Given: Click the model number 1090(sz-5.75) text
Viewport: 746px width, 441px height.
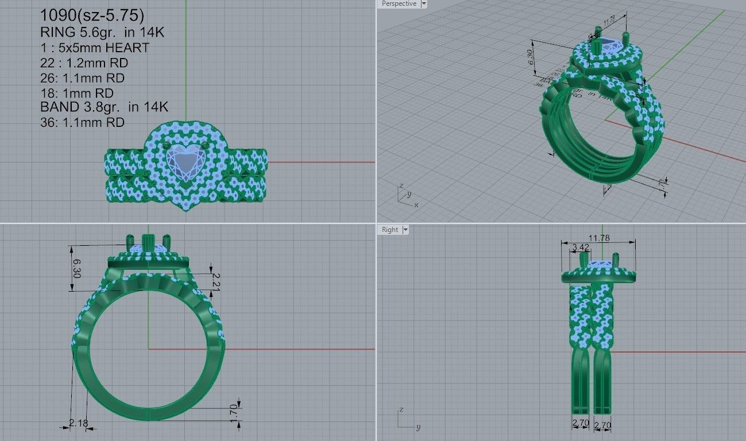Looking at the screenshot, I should [x=91, y=16].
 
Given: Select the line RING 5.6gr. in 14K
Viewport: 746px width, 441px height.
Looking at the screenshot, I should [x=102, y=32].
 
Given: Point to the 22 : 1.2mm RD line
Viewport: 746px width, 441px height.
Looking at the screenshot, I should [x=82, y=63].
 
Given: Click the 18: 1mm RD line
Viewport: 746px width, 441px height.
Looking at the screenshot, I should [x=77, y=93].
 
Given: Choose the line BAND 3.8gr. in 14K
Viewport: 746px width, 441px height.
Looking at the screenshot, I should [x=104, y=107].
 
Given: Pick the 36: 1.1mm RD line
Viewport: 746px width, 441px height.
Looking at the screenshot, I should [x=82, y=122].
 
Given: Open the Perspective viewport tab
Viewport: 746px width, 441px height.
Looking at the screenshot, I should [x=399, y=4].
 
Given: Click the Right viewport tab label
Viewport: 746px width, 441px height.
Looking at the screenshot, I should [x=390, y=230].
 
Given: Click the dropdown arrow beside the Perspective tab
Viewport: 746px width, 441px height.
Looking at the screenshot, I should [x=424, y=4].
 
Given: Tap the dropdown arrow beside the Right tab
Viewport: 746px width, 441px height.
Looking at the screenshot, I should [x=405, y=230].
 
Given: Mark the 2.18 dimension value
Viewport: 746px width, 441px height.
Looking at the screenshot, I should [x=79, y=423].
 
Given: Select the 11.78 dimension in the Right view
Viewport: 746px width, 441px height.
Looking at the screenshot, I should [x=599, y=238].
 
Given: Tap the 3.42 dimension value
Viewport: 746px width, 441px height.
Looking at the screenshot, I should [x=581, y=248].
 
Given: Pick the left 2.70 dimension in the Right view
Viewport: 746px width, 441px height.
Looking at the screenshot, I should [x=581, y=424].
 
